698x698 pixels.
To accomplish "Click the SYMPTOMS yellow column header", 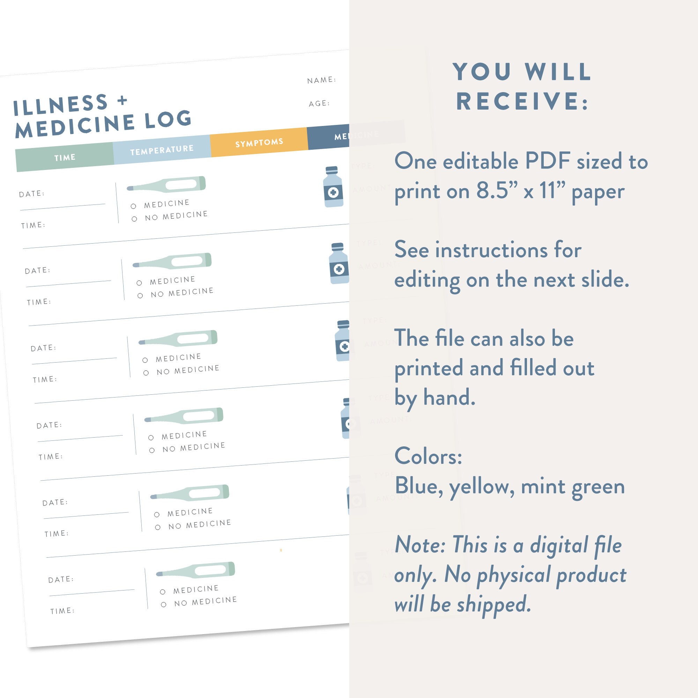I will pos(259,142).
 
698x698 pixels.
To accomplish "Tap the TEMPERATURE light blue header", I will pos(162,150).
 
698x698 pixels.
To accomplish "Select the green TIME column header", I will pos(65,157).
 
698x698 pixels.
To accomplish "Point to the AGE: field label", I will pos(319,104).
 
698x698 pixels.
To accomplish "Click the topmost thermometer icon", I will pos(166,184).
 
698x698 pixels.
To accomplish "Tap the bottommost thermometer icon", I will pos(195,570).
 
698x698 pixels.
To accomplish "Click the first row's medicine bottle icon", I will pos(333,187).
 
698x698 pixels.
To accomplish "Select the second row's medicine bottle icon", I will pos(339,263).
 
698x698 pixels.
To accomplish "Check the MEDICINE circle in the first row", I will pos(133,206).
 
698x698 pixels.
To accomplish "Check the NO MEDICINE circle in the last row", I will pos(164,604).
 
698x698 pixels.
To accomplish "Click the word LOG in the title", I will pos(168,119).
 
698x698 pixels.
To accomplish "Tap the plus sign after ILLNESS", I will pos(122,100).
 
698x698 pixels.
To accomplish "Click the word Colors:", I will pos(428,456).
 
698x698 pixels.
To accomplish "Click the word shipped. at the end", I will pos(493,605).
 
